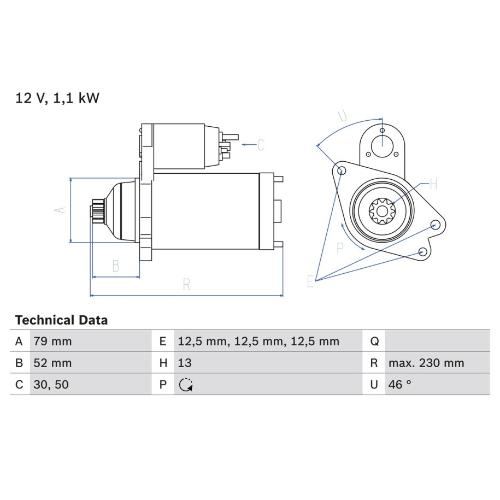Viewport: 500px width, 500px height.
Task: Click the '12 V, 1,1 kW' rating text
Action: [57, 98]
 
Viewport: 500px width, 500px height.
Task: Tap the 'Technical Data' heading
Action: [62, 320]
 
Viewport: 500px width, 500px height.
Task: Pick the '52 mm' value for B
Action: [52, 363]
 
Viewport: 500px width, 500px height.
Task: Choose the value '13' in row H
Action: [185, 363]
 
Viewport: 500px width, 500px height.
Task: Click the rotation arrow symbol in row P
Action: [186, 385]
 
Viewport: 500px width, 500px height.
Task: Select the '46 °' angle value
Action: [400, 385]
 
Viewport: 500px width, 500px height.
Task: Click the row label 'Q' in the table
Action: [374, 342]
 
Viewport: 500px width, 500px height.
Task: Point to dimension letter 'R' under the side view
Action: [186, 284]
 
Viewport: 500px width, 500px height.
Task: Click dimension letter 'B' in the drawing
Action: [116, 266]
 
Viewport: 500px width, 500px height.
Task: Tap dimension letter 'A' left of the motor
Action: [60, 210]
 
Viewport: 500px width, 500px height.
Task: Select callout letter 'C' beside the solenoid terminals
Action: [261, 144]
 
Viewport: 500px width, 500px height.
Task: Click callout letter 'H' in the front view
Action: [433, 184]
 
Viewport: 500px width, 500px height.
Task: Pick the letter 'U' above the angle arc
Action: [343, 115]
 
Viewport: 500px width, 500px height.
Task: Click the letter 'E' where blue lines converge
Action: [310, 281]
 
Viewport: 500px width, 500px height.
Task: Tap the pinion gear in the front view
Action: [382, 211]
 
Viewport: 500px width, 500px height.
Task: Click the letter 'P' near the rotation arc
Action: [340, 249]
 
